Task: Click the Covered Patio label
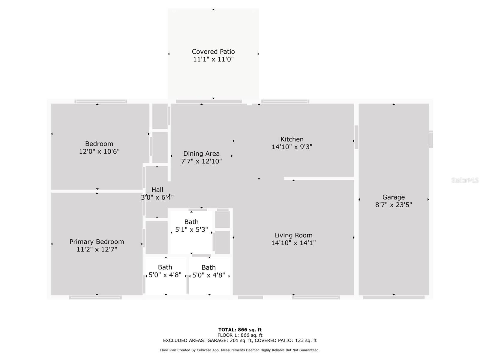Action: point(213,52)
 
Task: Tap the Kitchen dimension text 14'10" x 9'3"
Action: point(292,147)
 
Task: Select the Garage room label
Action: point(393,197)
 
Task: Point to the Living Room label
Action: point(293,235)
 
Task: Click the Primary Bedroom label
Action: point(97,241)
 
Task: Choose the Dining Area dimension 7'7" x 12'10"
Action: point(201,161)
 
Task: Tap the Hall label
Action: point(157,190)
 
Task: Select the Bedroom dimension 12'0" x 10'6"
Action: point(99,151)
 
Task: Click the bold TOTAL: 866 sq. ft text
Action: point(240,330)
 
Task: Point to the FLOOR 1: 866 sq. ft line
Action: point(240,335)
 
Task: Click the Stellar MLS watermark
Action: point(465,180)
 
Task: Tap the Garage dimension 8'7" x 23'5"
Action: point(393,205)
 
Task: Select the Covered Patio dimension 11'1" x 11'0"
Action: point(213,59)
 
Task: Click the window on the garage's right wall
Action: point(431,139)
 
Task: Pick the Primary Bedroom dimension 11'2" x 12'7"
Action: point(97,249)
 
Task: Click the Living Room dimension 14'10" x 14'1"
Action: point(293,243)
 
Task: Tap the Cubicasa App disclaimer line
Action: point(240,350)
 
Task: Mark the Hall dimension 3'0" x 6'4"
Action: point(157,197)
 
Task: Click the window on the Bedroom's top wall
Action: point(101,101)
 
